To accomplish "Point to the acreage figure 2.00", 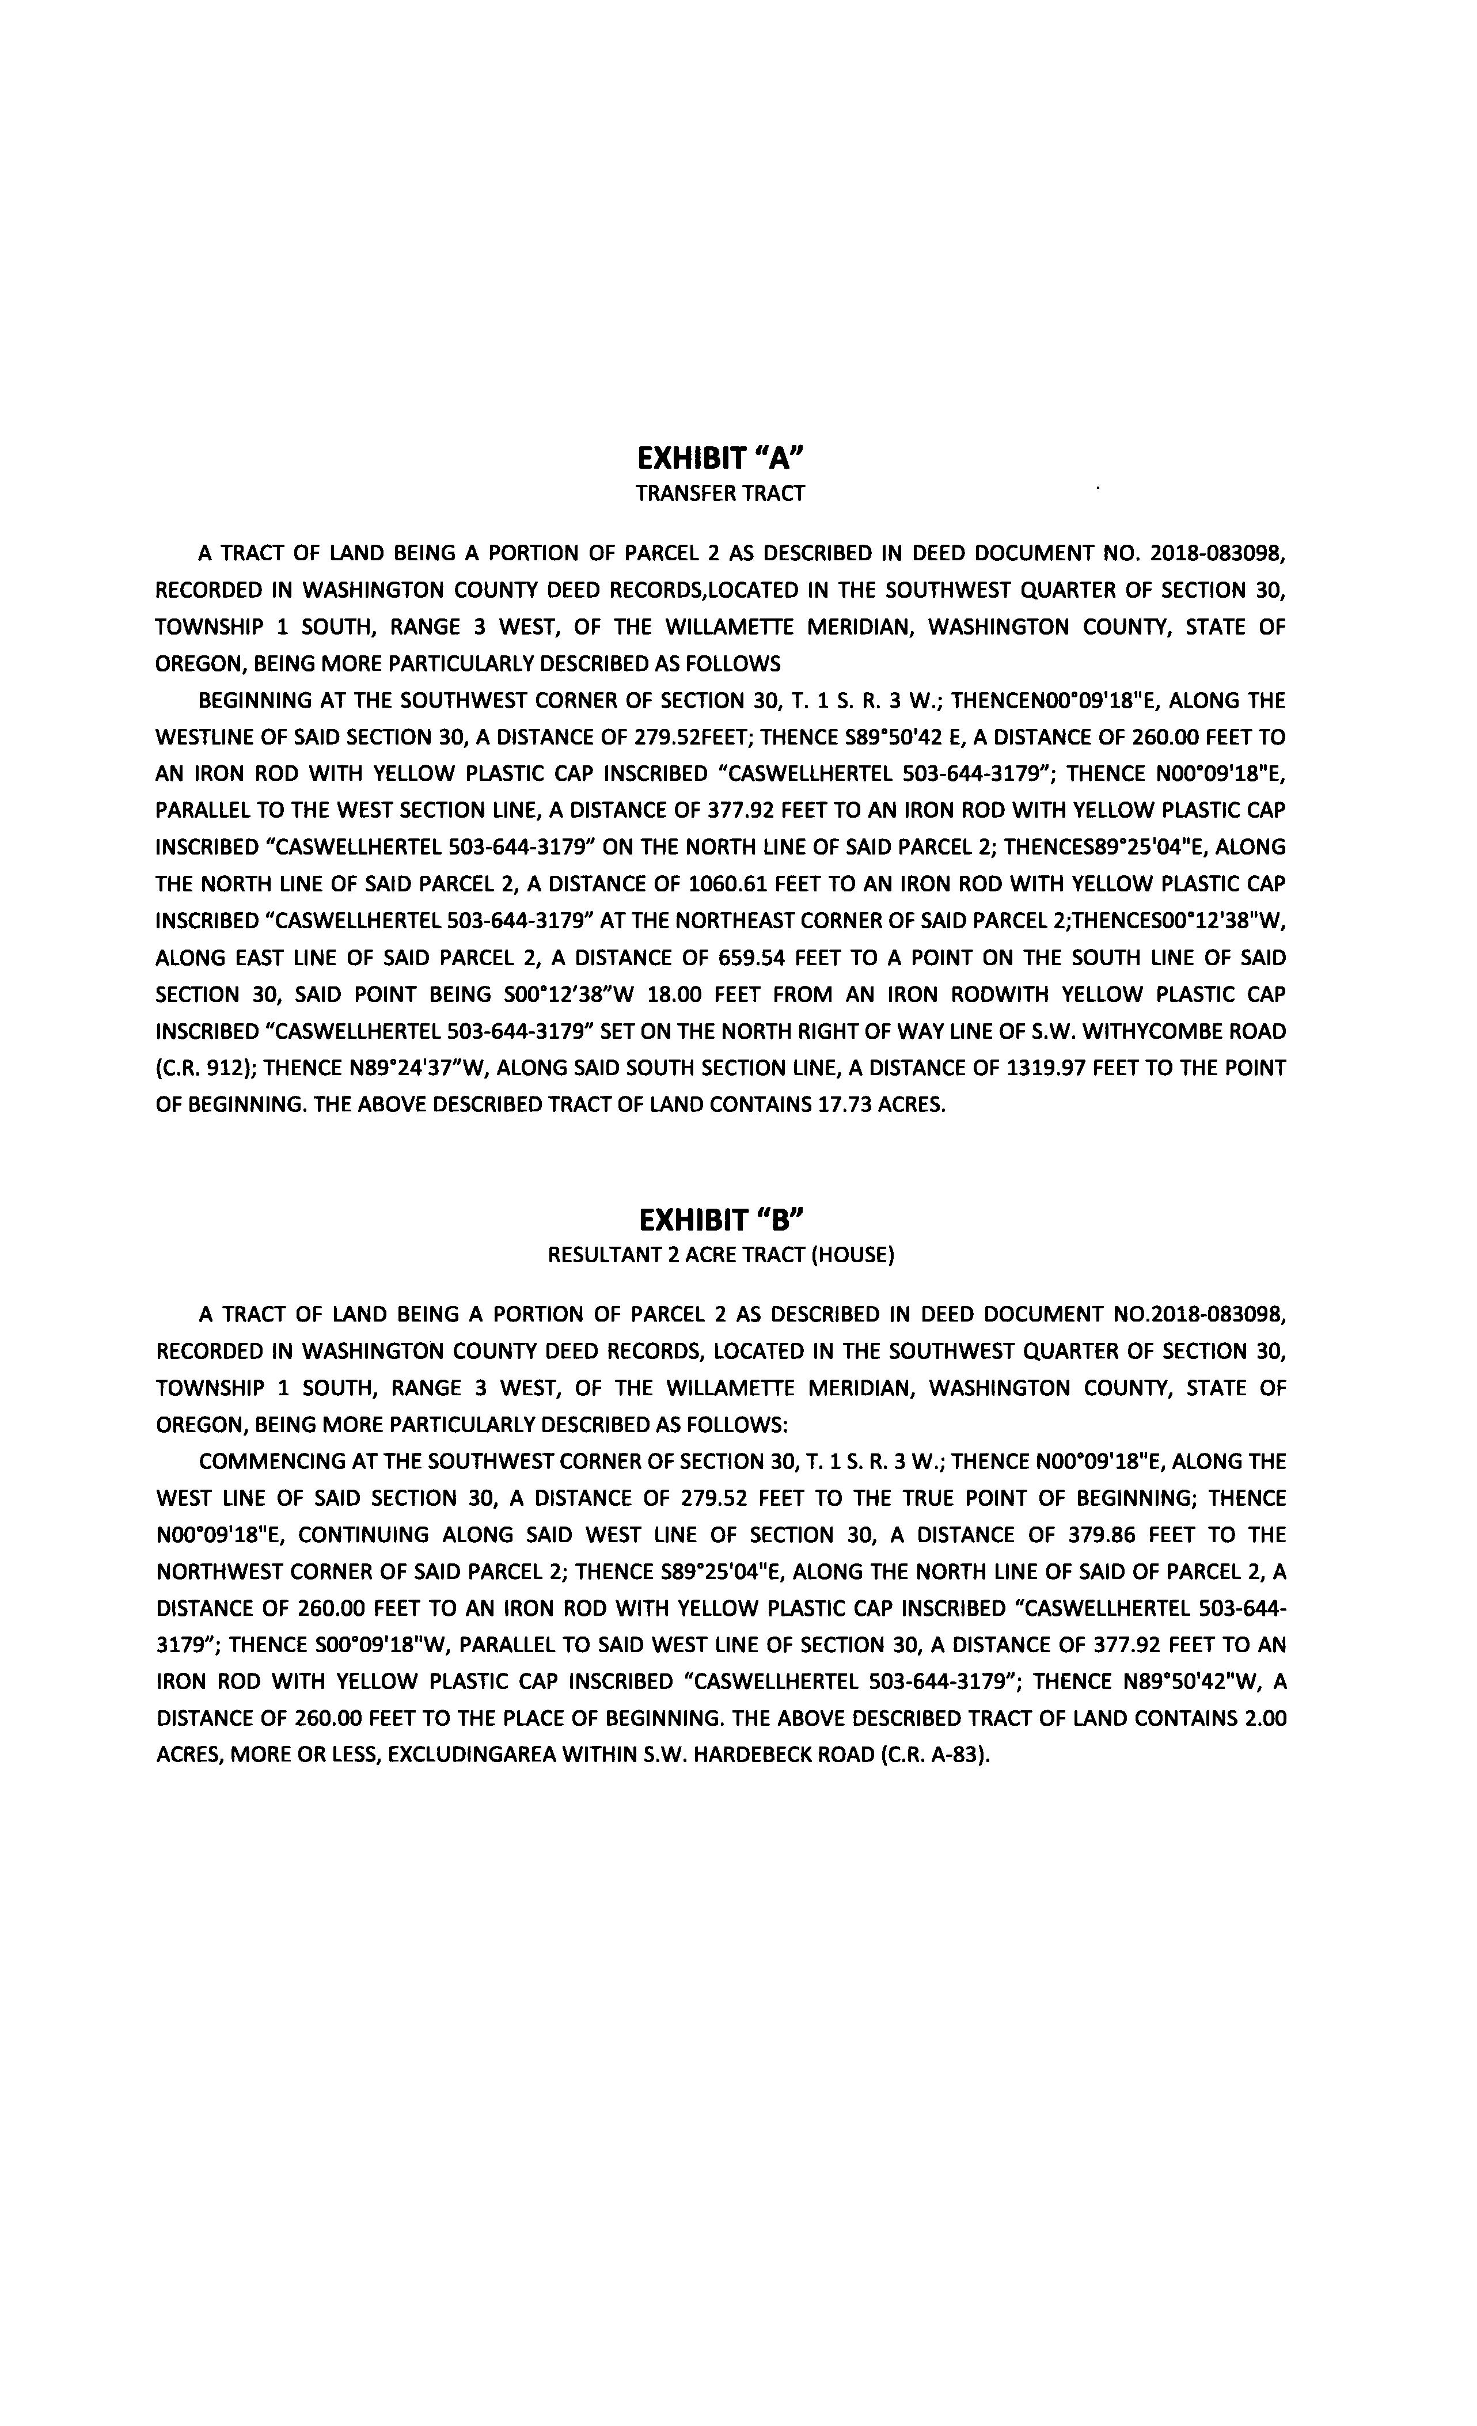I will tap(1265, 1718).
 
